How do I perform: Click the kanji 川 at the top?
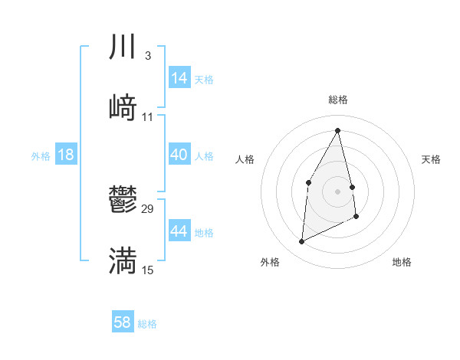[x=123, y=47]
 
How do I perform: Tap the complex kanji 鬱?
[x=123, y=201]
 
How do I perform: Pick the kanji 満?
[x=123, y=261]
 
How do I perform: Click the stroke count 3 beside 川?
[x=147, y=55]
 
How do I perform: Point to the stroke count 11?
[x=148, y=116]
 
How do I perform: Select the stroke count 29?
[x=148, y=208]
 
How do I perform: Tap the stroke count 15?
[x=148, y=270]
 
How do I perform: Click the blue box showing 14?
[x=179, y=78]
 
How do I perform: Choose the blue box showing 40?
[x=179, y=155]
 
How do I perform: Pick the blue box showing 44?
[x=179, y=231]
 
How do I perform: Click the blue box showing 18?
[x=66, y=155]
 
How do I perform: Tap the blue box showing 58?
[x=123, y=322]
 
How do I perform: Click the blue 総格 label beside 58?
[x=147, y=324]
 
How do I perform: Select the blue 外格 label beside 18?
[x=41, y=156]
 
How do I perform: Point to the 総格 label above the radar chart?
[x=338, y=100]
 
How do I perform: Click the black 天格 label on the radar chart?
[x=431, y=159]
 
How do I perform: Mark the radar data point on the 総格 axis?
[x=338, y=130]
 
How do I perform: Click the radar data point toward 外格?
[x=301, y=242]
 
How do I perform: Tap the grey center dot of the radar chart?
[x=338, y=191]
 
